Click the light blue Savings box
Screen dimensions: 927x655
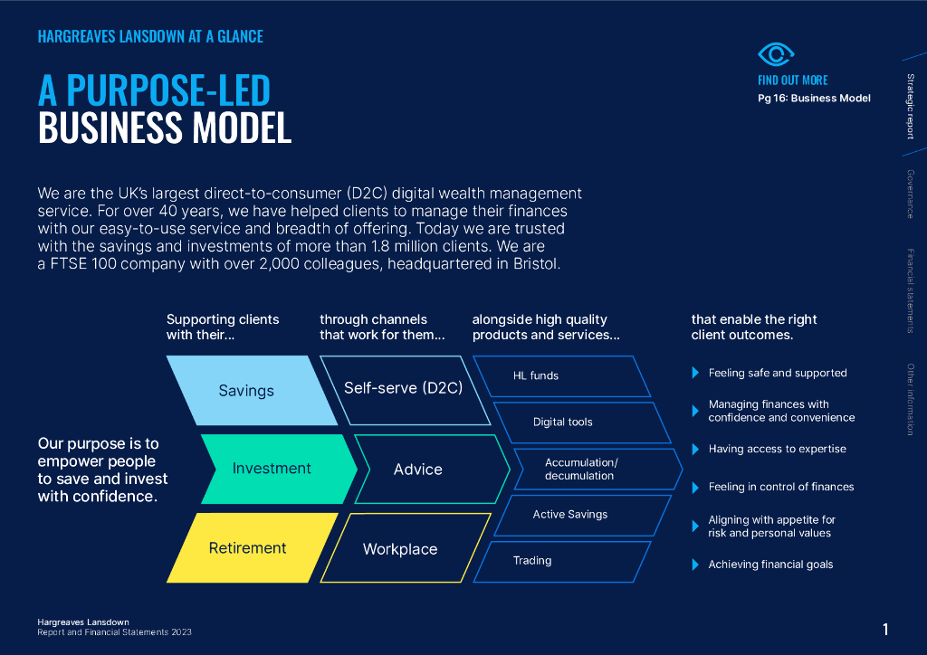252,391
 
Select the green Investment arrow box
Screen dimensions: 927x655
279,469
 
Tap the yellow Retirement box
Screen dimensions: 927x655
252,547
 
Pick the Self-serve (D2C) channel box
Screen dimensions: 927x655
405,391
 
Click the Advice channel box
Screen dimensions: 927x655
432,469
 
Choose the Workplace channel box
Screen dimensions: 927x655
405,547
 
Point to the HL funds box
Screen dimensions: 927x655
561,376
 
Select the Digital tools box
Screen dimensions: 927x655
582,422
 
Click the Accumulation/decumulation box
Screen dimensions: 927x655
598,469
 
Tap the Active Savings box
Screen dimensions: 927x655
582,515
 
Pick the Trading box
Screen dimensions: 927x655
561,562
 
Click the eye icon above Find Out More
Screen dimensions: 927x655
776,54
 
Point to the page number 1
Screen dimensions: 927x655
885,630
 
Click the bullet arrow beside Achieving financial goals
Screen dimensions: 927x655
696,565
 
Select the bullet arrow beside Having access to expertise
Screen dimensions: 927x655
696,450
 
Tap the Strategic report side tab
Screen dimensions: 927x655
911,107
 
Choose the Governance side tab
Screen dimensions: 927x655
911,195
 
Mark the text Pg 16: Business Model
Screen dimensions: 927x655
814,98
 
